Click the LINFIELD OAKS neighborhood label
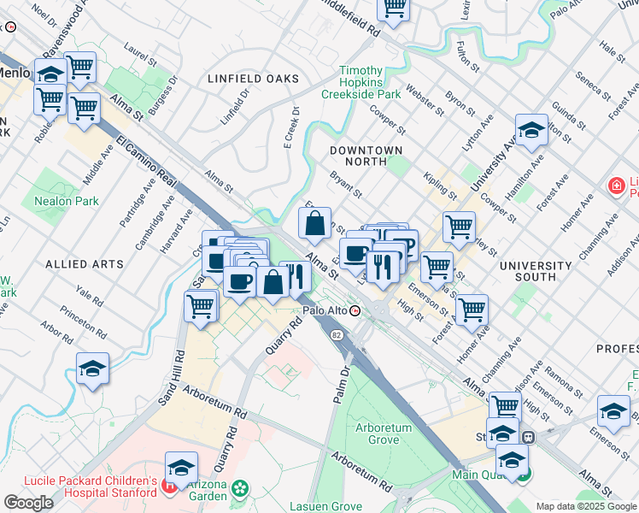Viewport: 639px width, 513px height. coord(254,79)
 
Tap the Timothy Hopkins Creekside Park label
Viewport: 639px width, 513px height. coord(371,83)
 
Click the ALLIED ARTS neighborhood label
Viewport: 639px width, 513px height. coord(85,264)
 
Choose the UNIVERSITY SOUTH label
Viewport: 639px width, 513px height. coord(535,271)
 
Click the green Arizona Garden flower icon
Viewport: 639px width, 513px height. coord(240,489)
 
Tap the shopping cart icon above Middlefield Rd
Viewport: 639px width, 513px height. coord(393,8)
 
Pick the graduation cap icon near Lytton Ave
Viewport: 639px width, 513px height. coord(531,131)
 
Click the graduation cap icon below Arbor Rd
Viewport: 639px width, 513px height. coord(92,369)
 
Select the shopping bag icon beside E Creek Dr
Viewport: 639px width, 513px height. coord(314,224)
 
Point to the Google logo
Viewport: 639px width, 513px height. coord(28,503)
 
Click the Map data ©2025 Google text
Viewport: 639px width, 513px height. coord(586,506)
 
